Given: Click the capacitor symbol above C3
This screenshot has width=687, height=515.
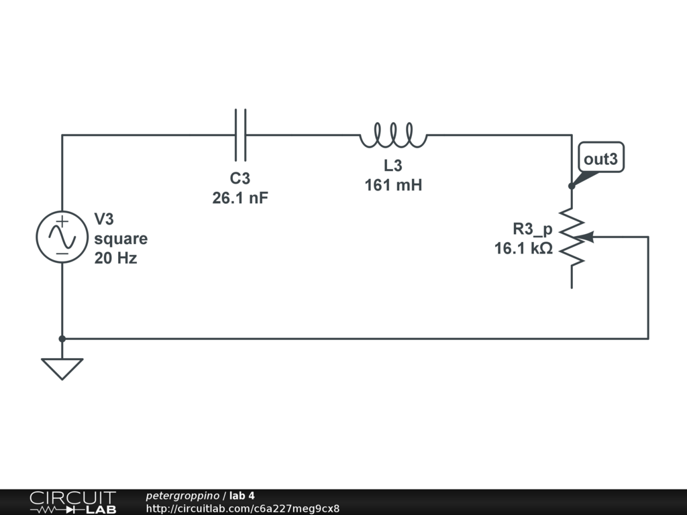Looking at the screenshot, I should coord(240,135).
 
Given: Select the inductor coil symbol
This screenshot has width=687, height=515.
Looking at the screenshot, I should coord(392,136).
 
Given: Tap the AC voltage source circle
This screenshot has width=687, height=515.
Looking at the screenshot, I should coord(62,237).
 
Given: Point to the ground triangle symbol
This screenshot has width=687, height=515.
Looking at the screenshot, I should coord(62,368).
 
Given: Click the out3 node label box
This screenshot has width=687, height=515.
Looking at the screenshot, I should coord(600,159).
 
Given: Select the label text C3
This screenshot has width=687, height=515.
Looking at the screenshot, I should coord(240,179).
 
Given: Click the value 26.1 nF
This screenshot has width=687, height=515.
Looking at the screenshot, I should coord(240,198).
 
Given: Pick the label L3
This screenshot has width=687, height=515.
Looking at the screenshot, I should coord(393,166).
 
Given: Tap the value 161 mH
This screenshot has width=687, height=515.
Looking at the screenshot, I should coord(393,186).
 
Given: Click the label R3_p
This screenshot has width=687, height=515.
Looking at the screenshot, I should coord(533,229).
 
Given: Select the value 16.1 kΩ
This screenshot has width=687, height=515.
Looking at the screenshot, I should coord(523,249).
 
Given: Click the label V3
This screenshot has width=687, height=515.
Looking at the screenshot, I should coord(105,219).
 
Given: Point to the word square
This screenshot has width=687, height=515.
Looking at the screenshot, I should coord(121,239).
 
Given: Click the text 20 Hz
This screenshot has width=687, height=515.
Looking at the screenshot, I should coord(115,258).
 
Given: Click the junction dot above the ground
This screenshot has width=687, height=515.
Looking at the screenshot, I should coord(62,339).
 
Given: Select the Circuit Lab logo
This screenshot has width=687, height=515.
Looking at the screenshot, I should coord(72,502).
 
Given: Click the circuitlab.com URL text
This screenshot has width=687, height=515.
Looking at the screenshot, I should coord(242,508).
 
